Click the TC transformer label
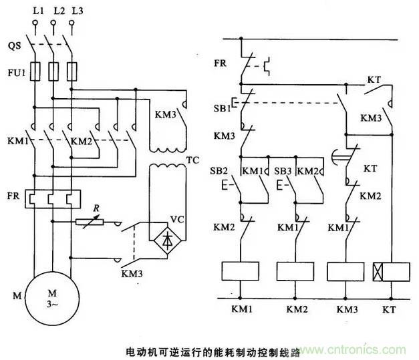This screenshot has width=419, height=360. click(x=192, y=161)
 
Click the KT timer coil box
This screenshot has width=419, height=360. click(x=390, y=272)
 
